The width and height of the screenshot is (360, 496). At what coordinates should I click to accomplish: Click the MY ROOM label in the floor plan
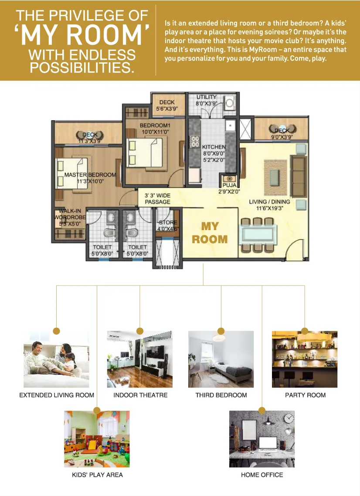click(x=210, y=233)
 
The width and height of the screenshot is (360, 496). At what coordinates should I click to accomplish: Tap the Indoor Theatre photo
click(x=140, y=360)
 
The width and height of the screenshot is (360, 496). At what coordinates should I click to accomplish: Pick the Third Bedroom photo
click(x=221, y=360)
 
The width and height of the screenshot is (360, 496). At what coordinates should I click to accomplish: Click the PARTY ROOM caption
click(x=305, y=395)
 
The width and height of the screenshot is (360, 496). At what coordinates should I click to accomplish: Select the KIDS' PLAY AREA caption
click(x=97, y=475)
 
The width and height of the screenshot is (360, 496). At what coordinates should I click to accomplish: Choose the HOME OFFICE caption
click(x=262, y=475)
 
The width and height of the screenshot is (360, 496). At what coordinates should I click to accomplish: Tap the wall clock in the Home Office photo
click(x=288, y=418)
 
